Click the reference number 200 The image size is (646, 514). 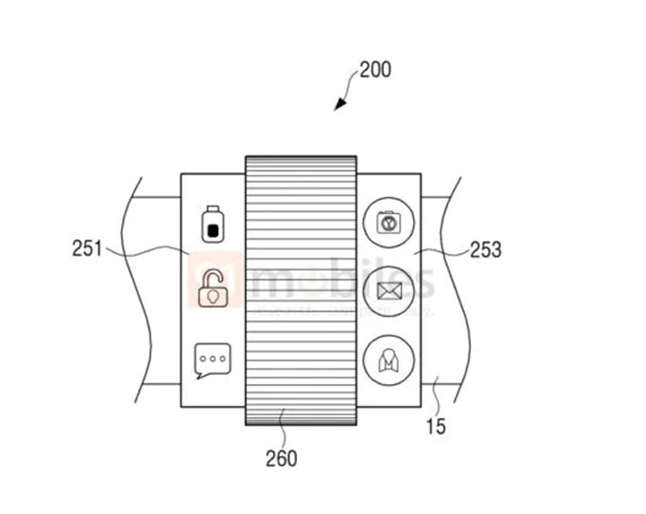(x=375, y=69)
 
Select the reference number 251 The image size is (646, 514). (x=87, y=248)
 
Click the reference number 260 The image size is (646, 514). (x=280, y=458)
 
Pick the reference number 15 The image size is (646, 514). (x=435, y=426)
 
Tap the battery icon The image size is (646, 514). (x=213, y=224)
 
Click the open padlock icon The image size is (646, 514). (x=213, y=288)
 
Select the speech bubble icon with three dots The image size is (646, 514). (x=213, y=360)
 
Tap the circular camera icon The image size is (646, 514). (x=388, y=222)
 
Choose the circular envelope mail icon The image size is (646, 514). (x=388, y=290)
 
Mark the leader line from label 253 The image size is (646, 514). (x=440, y=252)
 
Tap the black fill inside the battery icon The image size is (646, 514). (x=213, y=230)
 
